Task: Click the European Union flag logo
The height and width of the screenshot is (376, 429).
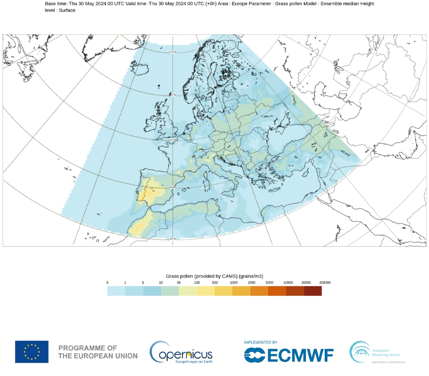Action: click(x=32, y=352)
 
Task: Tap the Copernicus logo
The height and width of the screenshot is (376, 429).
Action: click(x=181, y=352)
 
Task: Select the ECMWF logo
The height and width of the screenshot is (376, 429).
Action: click(x=289, y=355)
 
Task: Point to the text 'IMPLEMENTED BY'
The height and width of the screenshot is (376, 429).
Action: click(x=260, y=343)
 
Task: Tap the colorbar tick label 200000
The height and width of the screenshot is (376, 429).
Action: click(x=324, y=282)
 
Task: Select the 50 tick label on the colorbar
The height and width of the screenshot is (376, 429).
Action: click(x=179, y=282)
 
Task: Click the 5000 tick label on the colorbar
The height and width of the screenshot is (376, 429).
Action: click(x=269, y=282)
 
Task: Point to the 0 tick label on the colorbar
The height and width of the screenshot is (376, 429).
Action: click(x=107, y=282)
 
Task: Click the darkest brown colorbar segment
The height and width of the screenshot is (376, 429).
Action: click(x=312, y=291)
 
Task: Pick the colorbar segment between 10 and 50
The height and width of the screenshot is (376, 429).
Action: click(x=169, y=291)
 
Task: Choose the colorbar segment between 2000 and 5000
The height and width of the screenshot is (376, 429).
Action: click(x=259, y=291)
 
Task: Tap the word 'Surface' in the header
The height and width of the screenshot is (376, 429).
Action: click(x=67, y=10)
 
